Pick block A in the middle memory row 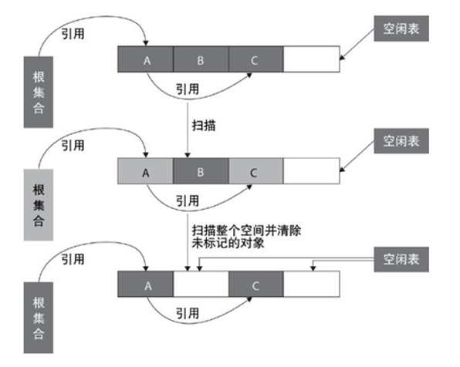click(x=146, y=171)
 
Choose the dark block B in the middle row click(x=201, y=171)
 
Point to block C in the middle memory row click(x=255, y=171)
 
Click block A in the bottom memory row click(x=146, y=284)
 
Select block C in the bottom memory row click(x=255, y=284)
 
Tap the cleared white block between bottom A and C click(x=201, y=284)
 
